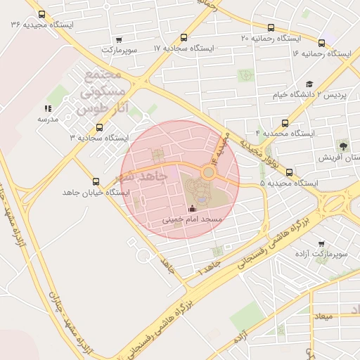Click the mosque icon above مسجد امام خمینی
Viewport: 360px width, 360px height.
click(193, 207)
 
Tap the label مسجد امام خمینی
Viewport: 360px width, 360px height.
click(192, 219)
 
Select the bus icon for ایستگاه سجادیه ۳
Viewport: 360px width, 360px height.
click(98, 128)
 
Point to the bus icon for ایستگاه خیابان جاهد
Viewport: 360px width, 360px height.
click(96, 182)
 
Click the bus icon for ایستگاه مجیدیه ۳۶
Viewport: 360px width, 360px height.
click(42, 14)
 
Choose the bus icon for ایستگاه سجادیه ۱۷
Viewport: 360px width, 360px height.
click(184, 38)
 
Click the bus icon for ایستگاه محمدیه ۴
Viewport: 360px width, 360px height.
click(285, 122)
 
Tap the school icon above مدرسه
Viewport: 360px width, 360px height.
click(48, 108)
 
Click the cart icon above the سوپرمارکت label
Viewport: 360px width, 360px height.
click(118, 39)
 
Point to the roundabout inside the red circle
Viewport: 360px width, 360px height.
click(209, 173)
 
